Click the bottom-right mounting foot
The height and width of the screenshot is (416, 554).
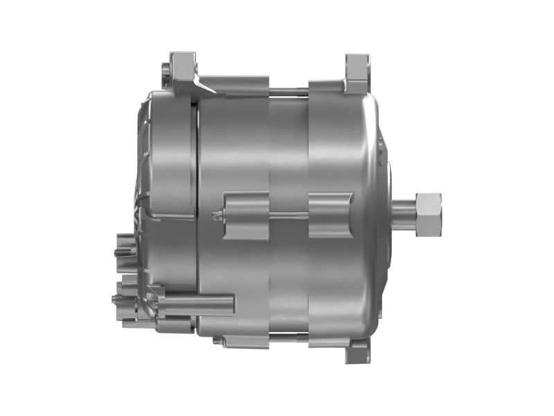(358, 352)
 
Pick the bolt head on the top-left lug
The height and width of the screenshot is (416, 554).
(165, 70)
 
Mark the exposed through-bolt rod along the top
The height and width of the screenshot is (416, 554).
(288, 89)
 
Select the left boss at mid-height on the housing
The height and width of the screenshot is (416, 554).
(246, 216)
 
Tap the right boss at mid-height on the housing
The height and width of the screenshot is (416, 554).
(330, 216)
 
